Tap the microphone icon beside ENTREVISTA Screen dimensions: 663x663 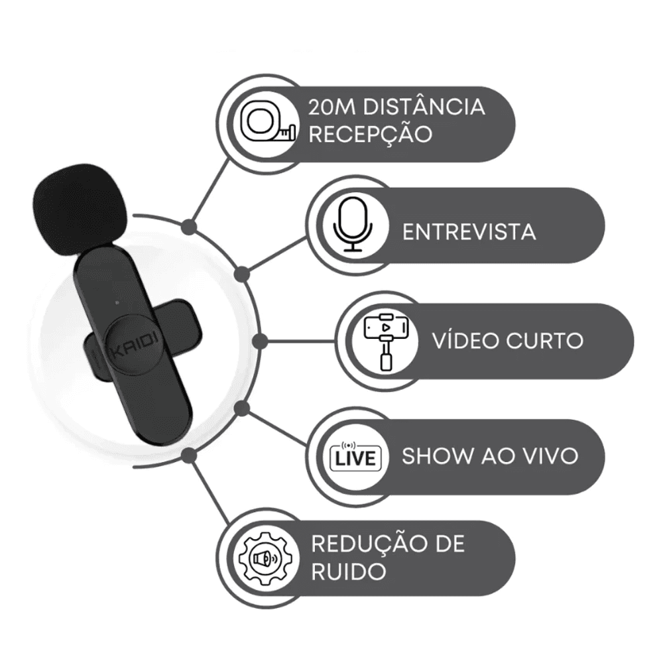pos(353,224)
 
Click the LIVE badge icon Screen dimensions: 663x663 pos(355,456)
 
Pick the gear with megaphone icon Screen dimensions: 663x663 pos(265,558)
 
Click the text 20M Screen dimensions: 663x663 pos(331,107)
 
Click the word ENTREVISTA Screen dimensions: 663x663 pos(469,231)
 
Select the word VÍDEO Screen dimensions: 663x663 pos(465,339)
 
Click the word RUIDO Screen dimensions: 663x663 pos(349,572)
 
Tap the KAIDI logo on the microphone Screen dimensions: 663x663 pos(134,344)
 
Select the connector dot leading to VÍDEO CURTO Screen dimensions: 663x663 pos(260,341)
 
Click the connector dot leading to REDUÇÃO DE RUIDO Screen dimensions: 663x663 pos(190,455)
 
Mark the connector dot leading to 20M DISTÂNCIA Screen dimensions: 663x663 pos(190,227)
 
